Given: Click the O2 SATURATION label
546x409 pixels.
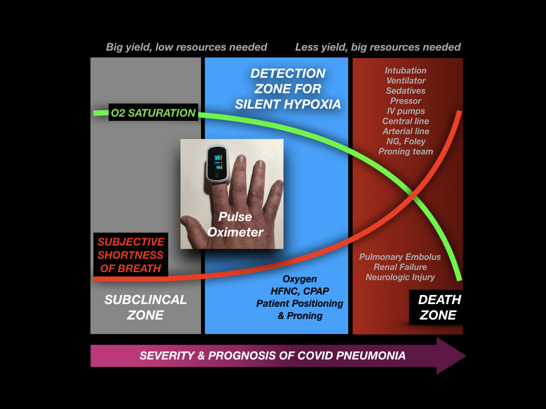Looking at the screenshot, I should point(153,113).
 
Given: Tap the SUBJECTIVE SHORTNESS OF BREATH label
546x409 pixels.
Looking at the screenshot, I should point(131,255).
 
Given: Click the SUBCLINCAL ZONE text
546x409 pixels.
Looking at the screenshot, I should point(146,307).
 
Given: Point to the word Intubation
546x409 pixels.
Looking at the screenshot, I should point(406,70).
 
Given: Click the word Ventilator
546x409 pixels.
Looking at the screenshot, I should point(406,80).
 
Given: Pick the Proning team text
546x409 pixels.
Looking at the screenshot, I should point(406,151).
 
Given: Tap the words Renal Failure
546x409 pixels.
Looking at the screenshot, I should point(400,267).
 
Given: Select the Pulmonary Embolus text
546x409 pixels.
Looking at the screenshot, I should point(400,257).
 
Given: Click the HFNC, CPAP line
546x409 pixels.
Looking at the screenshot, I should point(300,291).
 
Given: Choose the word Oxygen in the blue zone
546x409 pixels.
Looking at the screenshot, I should point(300,279).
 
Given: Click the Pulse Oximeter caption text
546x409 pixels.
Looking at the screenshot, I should point(236,224).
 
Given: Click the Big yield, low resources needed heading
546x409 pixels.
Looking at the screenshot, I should point(187,47).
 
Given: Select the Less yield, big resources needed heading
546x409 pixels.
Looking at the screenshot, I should point(378,47).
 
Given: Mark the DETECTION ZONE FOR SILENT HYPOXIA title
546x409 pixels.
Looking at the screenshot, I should point(288,88).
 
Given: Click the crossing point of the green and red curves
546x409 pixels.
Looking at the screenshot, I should point(413,195).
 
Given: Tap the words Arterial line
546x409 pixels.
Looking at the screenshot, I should point(406,131).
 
